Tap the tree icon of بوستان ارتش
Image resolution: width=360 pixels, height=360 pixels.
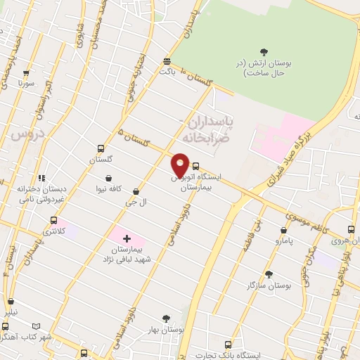tap(264, 51)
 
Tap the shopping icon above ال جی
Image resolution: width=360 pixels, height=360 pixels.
tap(136, 191)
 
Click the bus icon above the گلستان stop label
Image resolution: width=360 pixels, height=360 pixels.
tap(101, 149)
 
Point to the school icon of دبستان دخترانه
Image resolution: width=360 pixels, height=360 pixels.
tap(41, 178)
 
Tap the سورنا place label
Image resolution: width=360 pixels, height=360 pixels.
tap(26, 83)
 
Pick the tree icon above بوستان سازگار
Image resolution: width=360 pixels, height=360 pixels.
tap(269, 274)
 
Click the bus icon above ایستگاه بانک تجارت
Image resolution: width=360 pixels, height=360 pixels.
tap(228, 345)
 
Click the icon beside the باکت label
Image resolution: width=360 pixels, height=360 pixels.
tap(166, 61)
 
